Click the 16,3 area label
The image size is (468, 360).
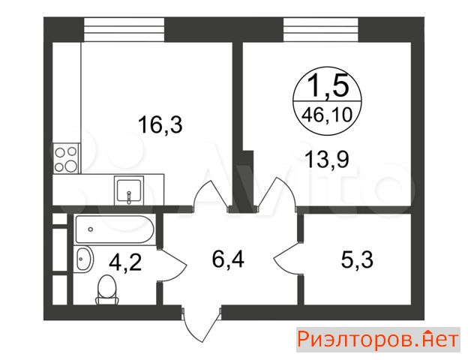[160, 124]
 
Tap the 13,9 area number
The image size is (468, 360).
[327, 159]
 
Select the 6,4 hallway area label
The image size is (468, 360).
[228, 259]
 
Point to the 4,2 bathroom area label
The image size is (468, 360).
[125, 262]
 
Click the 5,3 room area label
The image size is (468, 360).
[357, 259]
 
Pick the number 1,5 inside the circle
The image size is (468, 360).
[328, 85]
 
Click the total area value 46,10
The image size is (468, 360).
[327, 115]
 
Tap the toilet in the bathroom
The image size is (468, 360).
[106, 289]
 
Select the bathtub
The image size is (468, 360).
[115, 229]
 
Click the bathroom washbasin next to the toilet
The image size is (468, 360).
[84, 259]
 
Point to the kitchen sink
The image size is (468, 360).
[129, 190]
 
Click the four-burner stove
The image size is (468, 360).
[66, 158]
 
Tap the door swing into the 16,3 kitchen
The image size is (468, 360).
[211, 194]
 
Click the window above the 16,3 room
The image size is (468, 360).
[124, 29]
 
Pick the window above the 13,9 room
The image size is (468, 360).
[321, 29]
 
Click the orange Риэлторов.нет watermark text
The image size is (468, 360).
[379, 340]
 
